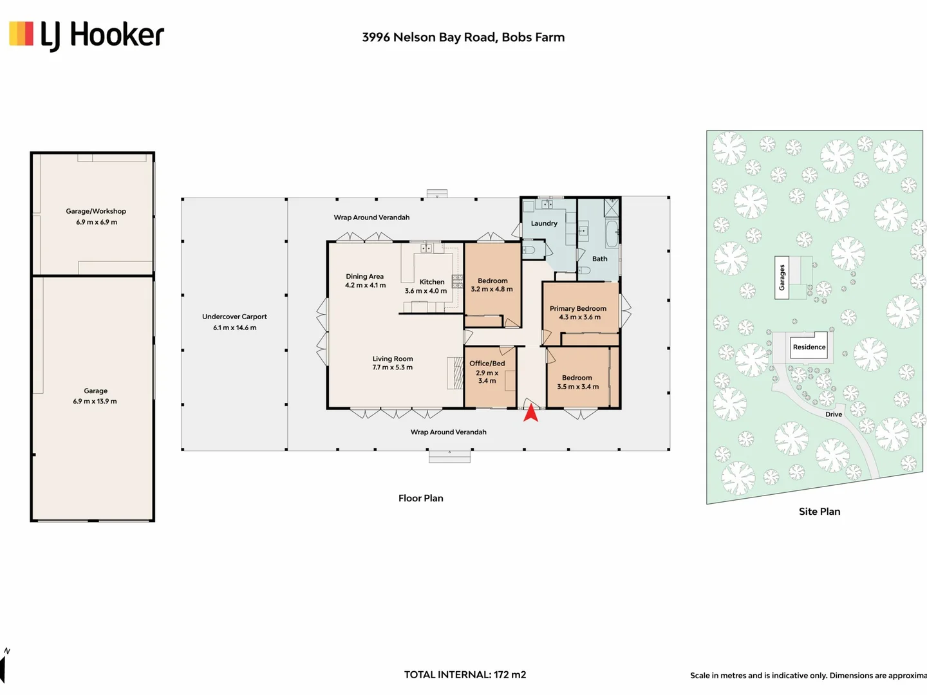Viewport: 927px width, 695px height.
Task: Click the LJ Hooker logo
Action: (x=86, y=36)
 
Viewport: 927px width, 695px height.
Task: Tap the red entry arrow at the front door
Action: (x=531, y=412)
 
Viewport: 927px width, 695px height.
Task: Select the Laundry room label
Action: (x=544, y=223)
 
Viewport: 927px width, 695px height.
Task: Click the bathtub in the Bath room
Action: (x=612, y=232)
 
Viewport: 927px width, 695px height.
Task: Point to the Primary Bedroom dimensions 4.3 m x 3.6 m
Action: (x=579, y=317)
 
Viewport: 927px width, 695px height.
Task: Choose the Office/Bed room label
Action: (x=487, y=364)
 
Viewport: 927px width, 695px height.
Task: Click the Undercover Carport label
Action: (x=234, y=317)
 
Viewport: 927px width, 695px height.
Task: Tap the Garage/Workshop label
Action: (x=96, y=211)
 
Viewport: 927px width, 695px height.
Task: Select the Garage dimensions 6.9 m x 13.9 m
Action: (x=95, y=402)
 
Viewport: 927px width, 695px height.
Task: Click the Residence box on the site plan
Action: (x=809, y=346)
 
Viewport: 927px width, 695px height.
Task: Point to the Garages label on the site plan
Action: (x=782, y=277)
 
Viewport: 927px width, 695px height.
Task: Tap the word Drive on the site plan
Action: (x=834, y=414)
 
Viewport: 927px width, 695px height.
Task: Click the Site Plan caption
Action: (x=819, y=512)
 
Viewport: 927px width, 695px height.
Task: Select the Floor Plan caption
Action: (x=420, y=498)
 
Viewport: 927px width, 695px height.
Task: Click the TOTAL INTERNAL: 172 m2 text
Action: (x=465, y=675)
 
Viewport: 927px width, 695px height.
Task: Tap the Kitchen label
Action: (x=431, y=282)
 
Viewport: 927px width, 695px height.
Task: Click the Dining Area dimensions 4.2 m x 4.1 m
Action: (x=365, y=285)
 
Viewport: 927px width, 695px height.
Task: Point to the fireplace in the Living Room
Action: (x=455, y=373)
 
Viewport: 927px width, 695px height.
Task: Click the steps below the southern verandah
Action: (x=449, y=457)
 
